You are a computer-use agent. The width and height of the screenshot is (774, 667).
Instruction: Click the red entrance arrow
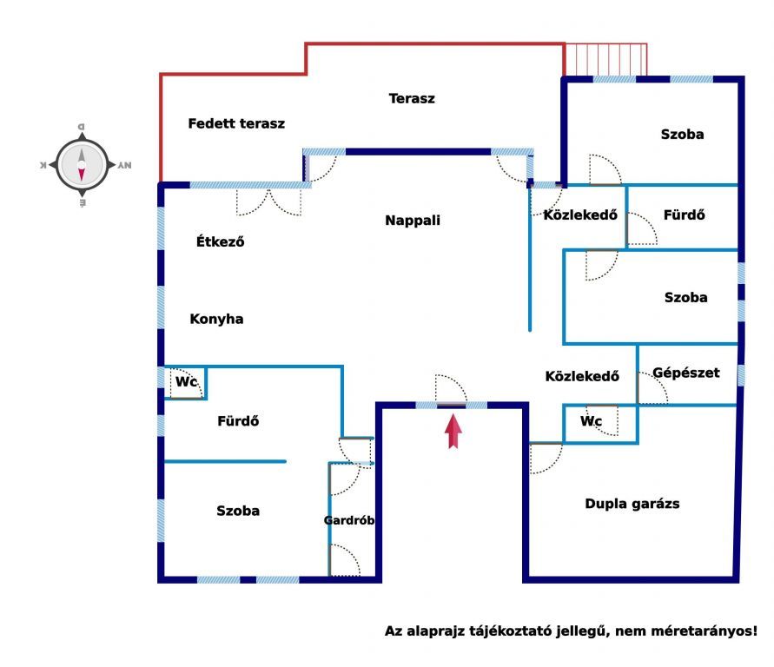[453, 431]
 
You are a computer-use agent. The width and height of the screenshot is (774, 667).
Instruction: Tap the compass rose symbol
[82, 165]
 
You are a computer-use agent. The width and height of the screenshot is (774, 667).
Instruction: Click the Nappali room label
[413, 220]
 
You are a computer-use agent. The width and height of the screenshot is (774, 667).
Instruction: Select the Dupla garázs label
[632, 504]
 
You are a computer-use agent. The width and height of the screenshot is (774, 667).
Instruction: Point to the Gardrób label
[349, 520]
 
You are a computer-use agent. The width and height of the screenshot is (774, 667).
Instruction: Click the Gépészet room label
[686, 373]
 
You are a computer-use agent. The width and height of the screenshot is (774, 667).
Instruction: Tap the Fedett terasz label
[236, 123]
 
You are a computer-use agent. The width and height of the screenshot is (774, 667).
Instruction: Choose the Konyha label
[216, 320]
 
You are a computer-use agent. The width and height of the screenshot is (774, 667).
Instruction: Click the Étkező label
[220, 241]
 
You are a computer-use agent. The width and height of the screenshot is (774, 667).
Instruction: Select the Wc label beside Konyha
[186, 382]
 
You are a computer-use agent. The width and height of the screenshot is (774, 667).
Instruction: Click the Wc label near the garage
[591, 421]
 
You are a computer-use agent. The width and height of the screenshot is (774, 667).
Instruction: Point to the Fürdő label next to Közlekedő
[685, 215]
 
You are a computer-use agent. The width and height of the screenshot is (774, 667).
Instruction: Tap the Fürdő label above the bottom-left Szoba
[238, 421]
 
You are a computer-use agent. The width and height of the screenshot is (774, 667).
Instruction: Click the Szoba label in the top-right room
[682, 135]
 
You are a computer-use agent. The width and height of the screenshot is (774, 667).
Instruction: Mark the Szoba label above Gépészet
[685, 298]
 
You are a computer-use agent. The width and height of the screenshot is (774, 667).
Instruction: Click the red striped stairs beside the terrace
[605, 60]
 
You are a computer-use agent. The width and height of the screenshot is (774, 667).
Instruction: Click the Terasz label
[412, 99]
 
